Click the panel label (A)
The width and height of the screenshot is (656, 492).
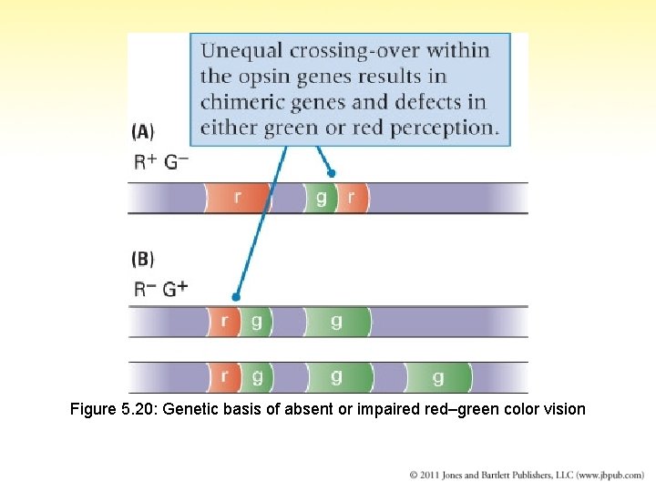pyautogui.click(x=143, y=132)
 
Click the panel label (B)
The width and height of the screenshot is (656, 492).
pyautogui.click(x=143, y=259)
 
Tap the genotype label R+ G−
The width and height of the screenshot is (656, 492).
pyautogui.click(x=161, y=162)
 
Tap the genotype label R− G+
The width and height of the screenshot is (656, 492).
pyautogui.click(x=161, y=289)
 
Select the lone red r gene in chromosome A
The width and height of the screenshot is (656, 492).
pyautogui.click(x=238, y=197)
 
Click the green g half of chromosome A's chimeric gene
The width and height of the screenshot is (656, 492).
pyautogui.click(x=320, y=197)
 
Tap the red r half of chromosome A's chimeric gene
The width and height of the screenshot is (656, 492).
pyautogui.click(x=352, y=197)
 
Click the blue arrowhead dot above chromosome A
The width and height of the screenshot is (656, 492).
pyautogui.click(x=332, y=173)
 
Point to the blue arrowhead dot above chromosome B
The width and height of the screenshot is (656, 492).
pyautogui.click(x=236, y=297)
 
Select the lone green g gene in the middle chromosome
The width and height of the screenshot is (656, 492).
pyautogui.click(x=337, y=322)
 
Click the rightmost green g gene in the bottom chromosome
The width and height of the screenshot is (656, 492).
pyautogui.click(x=438, y=376)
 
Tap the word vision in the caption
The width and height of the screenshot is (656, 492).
pyautogui.click(x=565, y=409)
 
